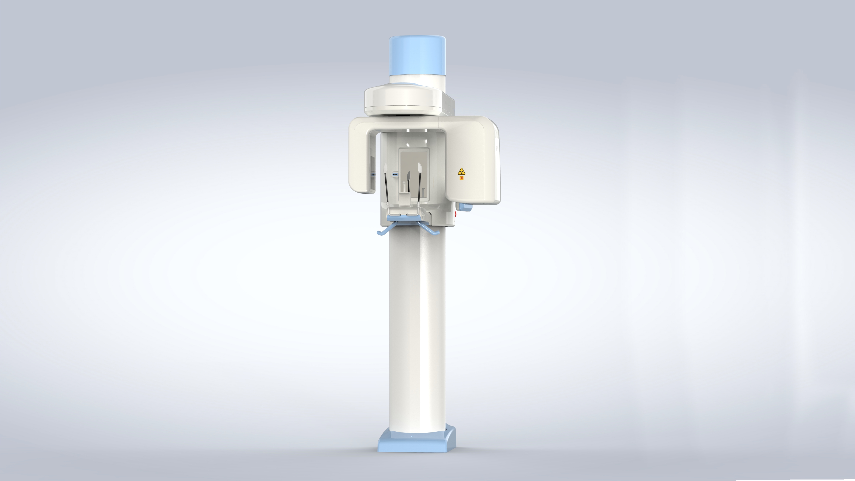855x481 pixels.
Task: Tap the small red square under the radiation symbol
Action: pyautogui.click(x=461, y=178)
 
